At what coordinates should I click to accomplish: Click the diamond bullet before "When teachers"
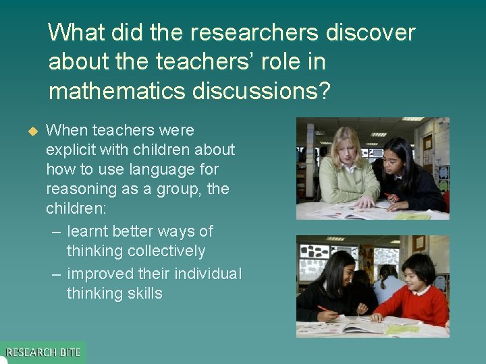point(30,130)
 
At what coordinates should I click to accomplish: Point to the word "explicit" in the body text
point(72,150)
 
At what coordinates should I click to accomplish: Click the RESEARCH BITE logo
point(43,353)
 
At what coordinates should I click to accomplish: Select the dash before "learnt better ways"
point(56,231)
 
